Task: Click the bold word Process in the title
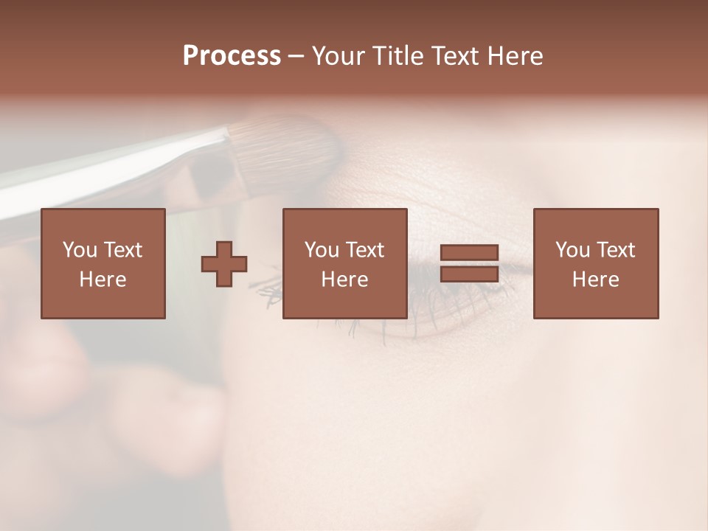(232, 57)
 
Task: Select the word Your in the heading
(336, 56)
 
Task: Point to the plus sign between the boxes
(224, 264)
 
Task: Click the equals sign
(470, 263)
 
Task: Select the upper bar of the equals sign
(470, 253)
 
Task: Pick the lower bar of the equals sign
(470, 274)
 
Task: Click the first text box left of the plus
(103, 263)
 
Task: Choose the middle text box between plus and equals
(345, 263)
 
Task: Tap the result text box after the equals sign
(596, 263)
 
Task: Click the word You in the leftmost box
(80, 250)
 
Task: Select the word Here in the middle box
(345, 280)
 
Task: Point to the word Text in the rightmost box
(615, 250)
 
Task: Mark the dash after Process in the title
(296, 57)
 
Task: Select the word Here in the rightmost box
(596, 280)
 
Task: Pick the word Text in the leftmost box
(122, 250)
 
